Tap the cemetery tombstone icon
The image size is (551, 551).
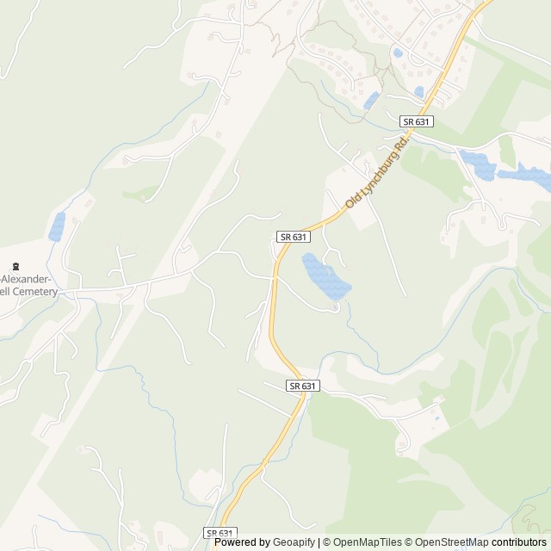click(15, 264)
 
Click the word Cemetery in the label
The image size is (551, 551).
click(35, 292)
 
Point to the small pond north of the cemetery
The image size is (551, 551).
click(57, 226)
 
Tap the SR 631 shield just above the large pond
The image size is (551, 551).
click(293, 236)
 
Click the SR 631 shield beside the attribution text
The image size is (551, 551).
click(220, 533)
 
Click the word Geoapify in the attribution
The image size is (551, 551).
click(294, 542)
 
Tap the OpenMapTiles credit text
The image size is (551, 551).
click(365, 542)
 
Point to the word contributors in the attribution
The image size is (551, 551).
click(519, 542)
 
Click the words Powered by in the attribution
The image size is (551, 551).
click(242, 542)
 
